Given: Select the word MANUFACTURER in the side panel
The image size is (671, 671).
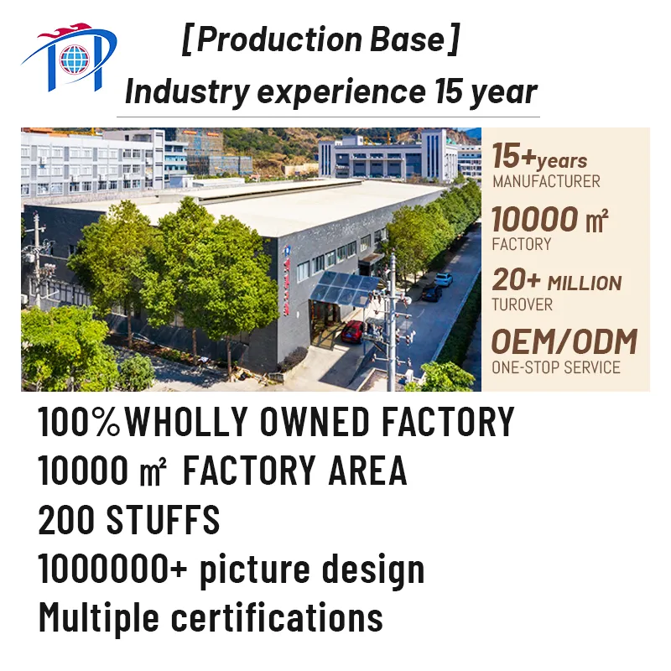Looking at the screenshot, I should [x=546, y=181].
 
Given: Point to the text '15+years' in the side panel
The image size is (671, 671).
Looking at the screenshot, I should [x=539, y=157].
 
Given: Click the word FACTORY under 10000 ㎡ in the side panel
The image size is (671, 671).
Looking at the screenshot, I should [x=522, y=244].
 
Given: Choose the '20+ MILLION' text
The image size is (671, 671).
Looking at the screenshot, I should [x=556, y=281].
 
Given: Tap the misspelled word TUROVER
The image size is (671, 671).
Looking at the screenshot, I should [x=523, y=304].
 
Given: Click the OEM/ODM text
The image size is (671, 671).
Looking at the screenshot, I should [x=564, y=342].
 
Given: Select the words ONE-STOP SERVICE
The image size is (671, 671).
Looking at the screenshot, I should [x=556, y=367].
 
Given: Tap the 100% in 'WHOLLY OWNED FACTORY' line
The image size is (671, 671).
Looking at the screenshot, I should [x=80, y=422].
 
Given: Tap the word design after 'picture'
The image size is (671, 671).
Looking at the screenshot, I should [x=374, y=570].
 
